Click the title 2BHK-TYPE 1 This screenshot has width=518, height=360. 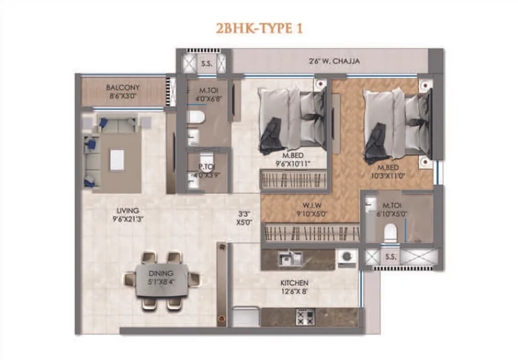tap(259, 28)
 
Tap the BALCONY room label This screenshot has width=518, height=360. tap(123, 88)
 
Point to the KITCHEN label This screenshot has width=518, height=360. tap(294, 283)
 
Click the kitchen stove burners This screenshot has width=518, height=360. tap(306, 316)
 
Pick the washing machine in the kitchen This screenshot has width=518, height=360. tap(346, 258)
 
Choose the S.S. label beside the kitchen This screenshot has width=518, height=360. tap(391, 257)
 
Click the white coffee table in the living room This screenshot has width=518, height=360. tap(117, 160)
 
